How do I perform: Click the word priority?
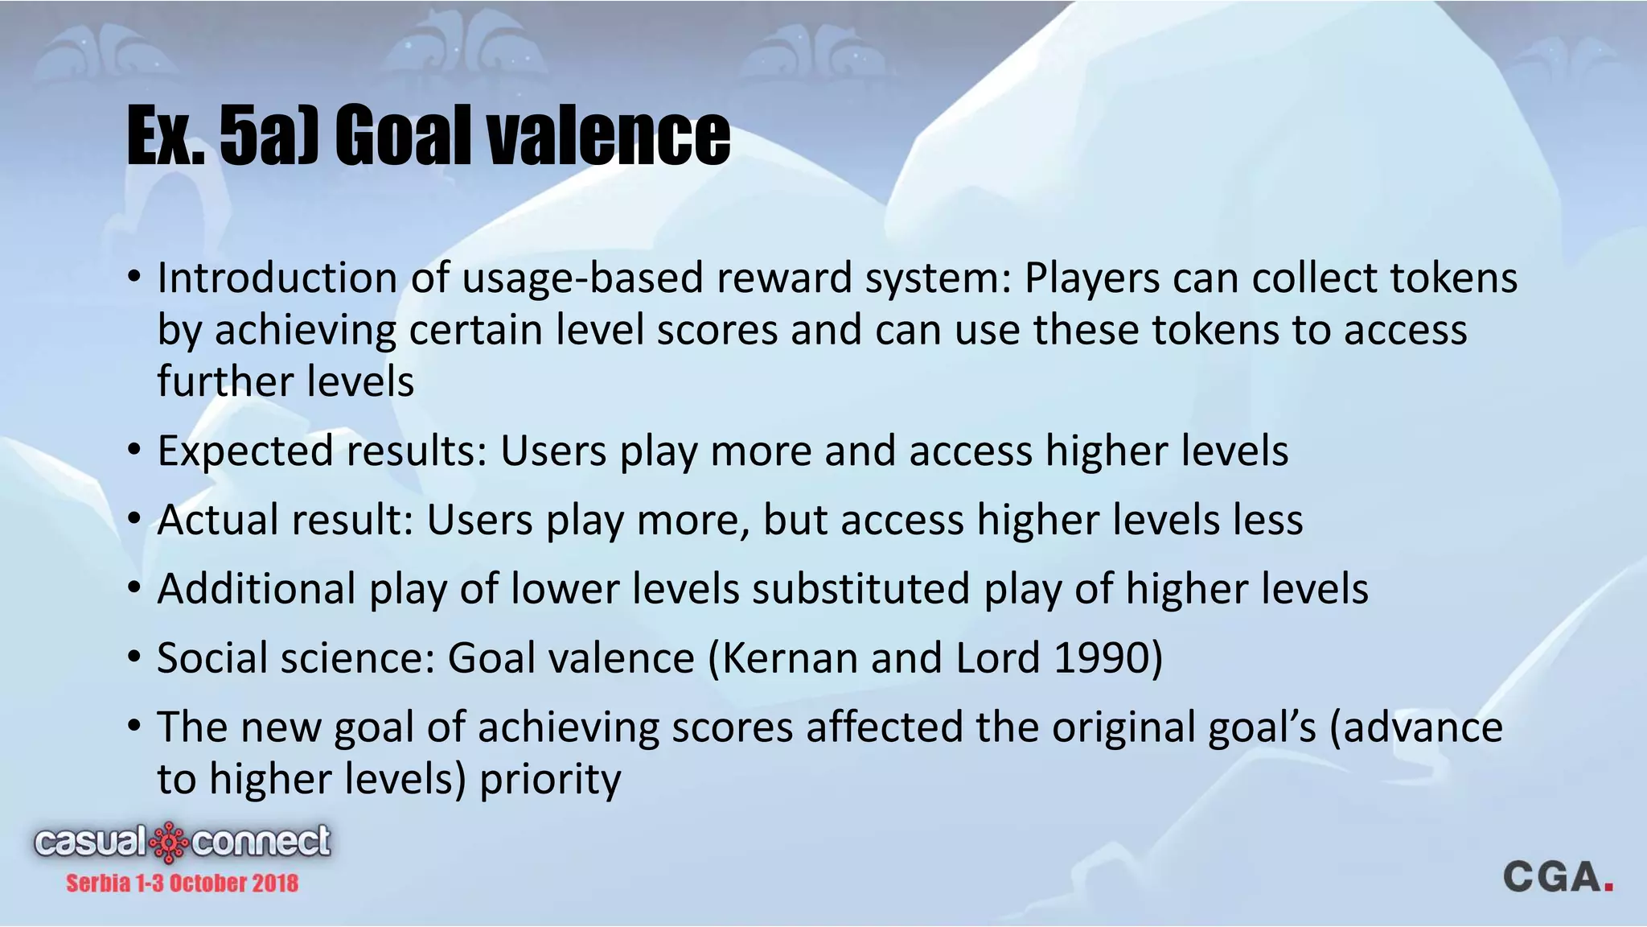coord(550,780)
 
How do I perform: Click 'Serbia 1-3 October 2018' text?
coord(182,884)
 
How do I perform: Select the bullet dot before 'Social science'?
coord(134,658)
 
